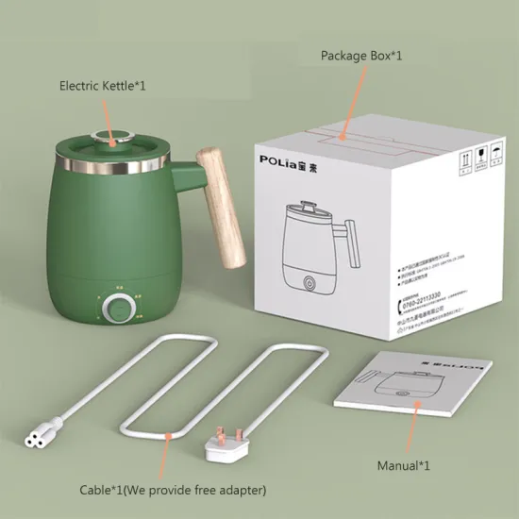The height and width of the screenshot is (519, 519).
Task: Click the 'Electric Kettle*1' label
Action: point(103,86)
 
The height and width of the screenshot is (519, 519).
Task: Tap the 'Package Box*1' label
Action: point(361,57)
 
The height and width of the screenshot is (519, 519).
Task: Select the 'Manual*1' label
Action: point(404,465)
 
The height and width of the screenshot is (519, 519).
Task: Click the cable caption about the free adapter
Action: point(173,490)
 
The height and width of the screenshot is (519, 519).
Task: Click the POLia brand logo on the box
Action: point(294,159)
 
